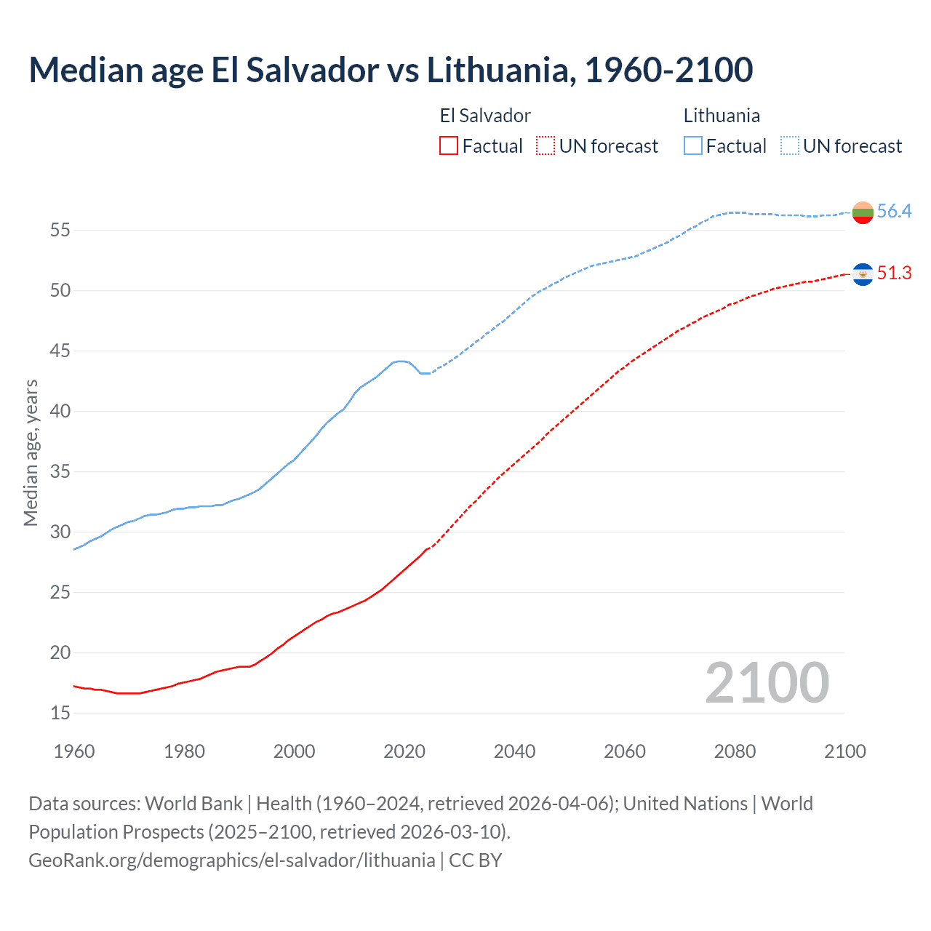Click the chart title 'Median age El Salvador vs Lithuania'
pos(391,70)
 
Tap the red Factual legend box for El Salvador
pos(449,145)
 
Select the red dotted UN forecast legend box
pos(546,145)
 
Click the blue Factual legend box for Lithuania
pos(692,145)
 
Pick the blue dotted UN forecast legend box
pos(789,145)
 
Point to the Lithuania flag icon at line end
pos(863,212)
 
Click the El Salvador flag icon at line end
pos(863,274)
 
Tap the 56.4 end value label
pos(894,211)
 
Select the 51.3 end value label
pos(894,273)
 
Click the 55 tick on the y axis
pos(60,231)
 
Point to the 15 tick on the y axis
pos(60,713)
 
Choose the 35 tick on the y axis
pos(60,472)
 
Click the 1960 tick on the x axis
pos(74,751)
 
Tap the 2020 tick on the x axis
pos(404,751)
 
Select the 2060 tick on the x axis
pos(625,751)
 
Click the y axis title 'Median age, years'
pos(31,452)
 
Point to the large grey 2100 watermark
pos(767,682)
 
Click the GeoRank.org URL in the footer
pos(231,860)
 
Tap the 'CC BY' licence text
pos(476,860)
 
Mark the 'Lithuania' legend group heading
pos(722,116)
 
